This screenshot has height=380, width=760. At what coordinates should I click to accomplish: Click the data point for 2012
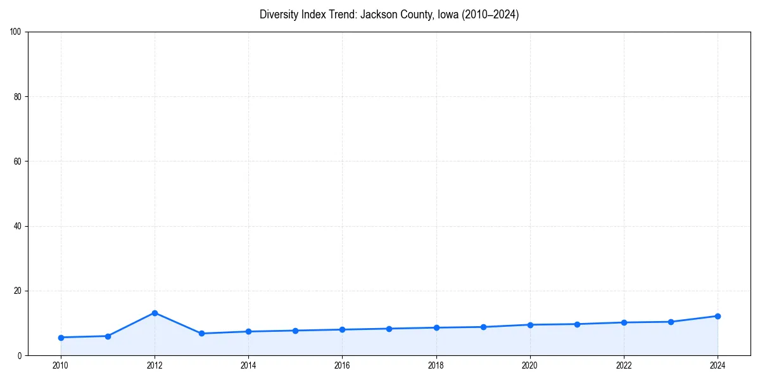(155, 313)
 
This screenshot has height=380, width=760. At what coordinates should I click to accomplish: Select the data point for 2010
(61, 338)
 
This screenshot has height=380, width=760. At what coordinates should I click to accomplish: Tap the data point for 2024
(718, 316)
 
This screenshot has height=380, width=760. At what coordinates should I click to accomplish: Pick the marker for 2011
(108, 336)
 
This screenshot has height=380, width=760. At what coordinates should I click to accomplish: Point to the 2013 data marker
(201, 333)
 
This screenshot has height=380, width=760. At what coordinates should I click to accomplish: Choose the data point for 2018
(436, 327)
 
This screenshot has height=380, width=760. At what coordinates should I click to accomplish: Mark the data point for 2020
(530, 325)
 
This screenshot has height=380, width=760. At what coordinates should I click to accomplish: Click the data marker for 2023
(671, 322)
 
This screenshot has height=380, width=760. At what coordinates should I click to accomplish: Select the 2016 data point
(342, 329)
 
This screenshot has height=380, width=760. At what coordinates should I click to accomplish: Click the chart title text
(389, 15)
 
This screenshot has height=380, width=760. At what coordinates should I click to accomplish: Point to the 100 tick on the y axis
(16, 32)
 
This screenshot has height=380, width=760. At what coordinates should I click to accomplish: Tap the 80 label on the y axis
(18, 97)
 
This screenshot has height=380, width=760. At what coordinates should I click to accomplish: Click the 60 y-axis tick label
(18, 161)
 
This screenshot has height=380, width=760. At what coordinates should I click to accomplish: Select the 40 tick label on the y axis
(18, 226)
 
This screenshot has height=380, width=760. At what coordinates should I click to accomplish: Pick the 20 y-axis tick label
(18, 291)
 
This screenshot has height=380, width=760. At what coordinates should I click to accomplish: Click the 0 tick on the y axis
(20, 355)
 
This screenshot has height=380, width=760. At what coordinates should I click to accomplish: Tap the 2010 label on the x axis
(61, 365)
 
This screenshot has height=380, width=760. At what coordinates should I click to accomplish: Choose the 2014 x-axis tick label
(248, 365)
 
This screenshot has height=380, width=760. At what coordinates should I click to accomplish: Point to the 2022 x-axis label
(624, 365)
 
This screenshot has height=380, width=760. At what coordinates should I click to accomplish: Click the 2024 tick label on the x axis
(718, 365)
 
